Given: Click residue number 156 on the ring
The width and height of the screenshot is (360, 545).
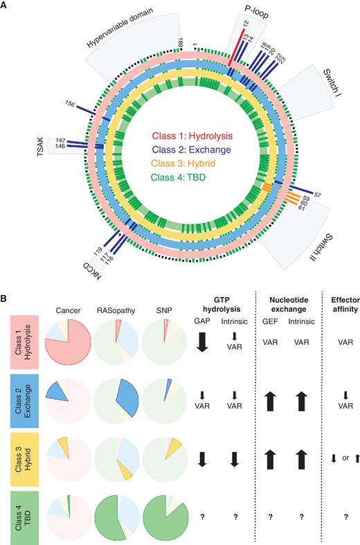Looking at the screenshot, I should (70, 104).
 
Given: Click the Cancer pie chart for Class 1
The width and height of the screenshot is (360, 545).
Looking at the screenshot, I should (67, 352).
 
